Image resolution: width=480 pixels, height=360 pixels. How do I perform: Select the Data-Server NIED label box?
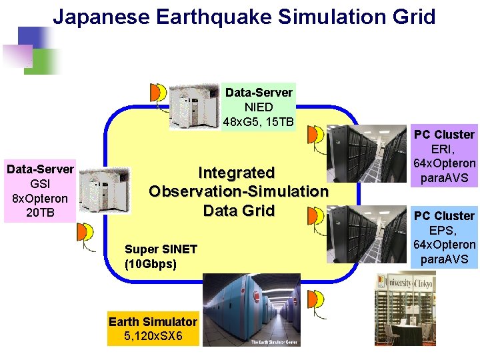pos(259,107)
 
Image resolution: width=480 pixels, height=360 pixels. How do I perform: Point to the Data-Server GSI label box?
pos(40,191)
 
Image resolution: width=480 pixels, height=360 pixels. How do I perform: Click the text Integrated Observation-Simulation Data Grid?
pos(239,192)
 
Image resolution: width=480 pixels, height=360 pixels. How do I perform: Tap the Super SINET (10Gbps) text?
pos(161,256)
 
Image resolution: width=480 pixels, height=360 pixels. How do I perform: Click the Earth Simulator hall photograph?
pos(251,310)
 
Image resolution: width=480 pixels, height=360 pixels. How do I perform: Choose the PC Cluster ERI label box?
pos(444,157)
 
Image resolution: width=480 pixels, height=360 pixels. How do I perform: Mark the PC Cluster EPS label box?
pos(444,237)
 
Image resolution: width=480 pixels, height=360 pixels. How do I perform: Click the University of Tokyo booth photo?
pos(407,307)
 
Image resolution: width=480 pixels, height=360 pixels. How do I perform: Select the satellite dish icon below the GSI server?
pos(85,234)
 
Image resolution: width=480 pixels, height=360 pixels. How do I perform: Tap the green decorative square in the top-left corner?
pos(46,61)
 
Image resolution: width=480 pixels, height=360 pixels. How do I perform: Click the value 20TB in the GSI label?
pos(40,212)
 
